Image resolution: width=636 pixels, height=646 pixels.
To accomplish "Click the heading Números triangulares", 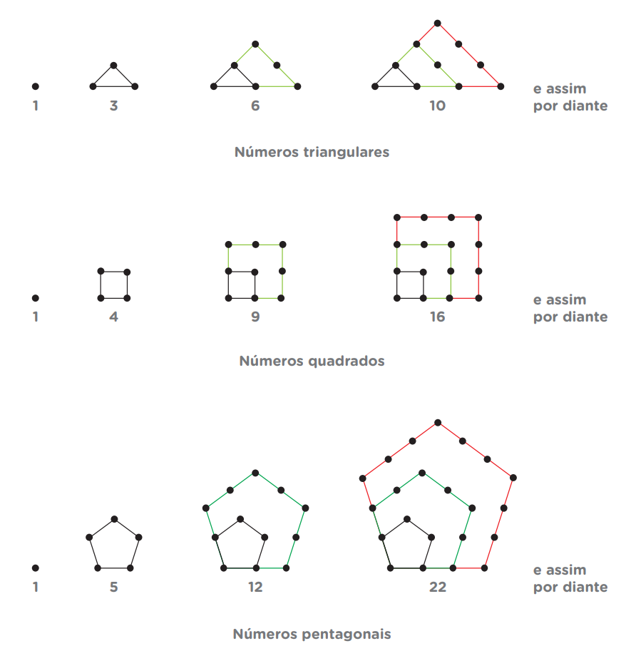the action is pyautogui.click(x=312, y=152).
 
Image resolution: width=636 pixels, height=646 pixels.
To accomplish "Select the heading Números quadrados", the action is pyautogui.click(x=312, y=361).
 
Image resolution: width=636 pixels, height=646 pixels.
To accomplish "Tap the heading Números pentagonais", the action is pyautogui.click(x=312, y=634).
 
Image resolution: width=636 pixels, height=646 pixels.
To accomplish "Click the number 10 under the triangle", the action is pyautogui.click(x=438, y=106).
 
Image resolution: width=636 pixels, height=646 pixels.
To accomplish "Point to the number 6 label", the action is pyautogui.click(x=255, y=106).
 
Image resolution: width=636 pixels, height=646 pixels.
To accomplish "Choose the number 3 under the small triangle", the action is pyautogui.click(x=113, y=106).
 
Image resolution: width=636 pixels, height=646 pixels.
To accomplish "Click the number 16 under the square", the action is pyautogui.click(x=438, y=317).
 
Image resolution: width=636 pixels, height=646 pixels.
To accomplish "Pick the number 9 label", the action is pyautogui.click(x=255, y=317).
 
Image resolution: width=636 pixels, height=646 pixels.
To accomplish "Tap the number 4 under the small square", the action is pyautogui.click(x=113, y=317).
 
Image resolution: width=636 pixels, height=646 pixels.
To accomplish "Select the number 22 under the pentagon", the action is pyautogui.click(x=438, y=587).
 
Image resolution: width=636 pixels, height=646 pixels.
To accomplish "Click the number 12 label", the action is pyautogui.click(x=255, y=587).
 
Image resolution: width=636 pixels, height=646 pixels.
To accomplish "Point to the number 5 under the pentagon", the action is pyautogui.click(x=113, y=587).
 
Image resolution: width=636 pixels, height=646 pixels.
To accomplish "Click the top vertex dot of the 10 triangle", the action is pyautogui.click(x=438, y=23).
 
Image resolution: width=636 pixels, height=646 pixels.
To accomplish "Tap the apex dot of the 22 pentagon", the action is pyautogui.click(x=438, y=423).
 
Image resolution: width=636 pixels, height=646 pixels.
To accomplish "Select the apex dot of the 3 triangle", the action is pyautogui.click(x=113, y=65).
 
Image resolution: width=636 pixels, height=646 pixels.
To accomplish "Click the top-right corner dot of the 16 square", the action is pyautogui.click(x=478, y=217).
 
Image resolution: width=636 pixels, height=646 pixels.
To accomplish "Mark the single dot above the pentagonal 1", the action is pyautogui.click(x=36, y=568).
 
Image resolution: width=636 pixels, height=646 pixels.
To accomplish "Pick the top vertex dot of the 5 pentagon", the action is pyautogui.click(x=115, y=519).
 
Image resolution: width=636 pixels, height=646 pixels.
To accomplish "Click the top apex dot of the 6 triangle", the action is pyautogui.click(x=255, y=44).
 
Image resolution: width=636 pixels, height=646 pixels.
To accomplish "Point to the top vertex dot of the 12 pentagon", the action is pyautogui.click(x=255, y=473).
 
